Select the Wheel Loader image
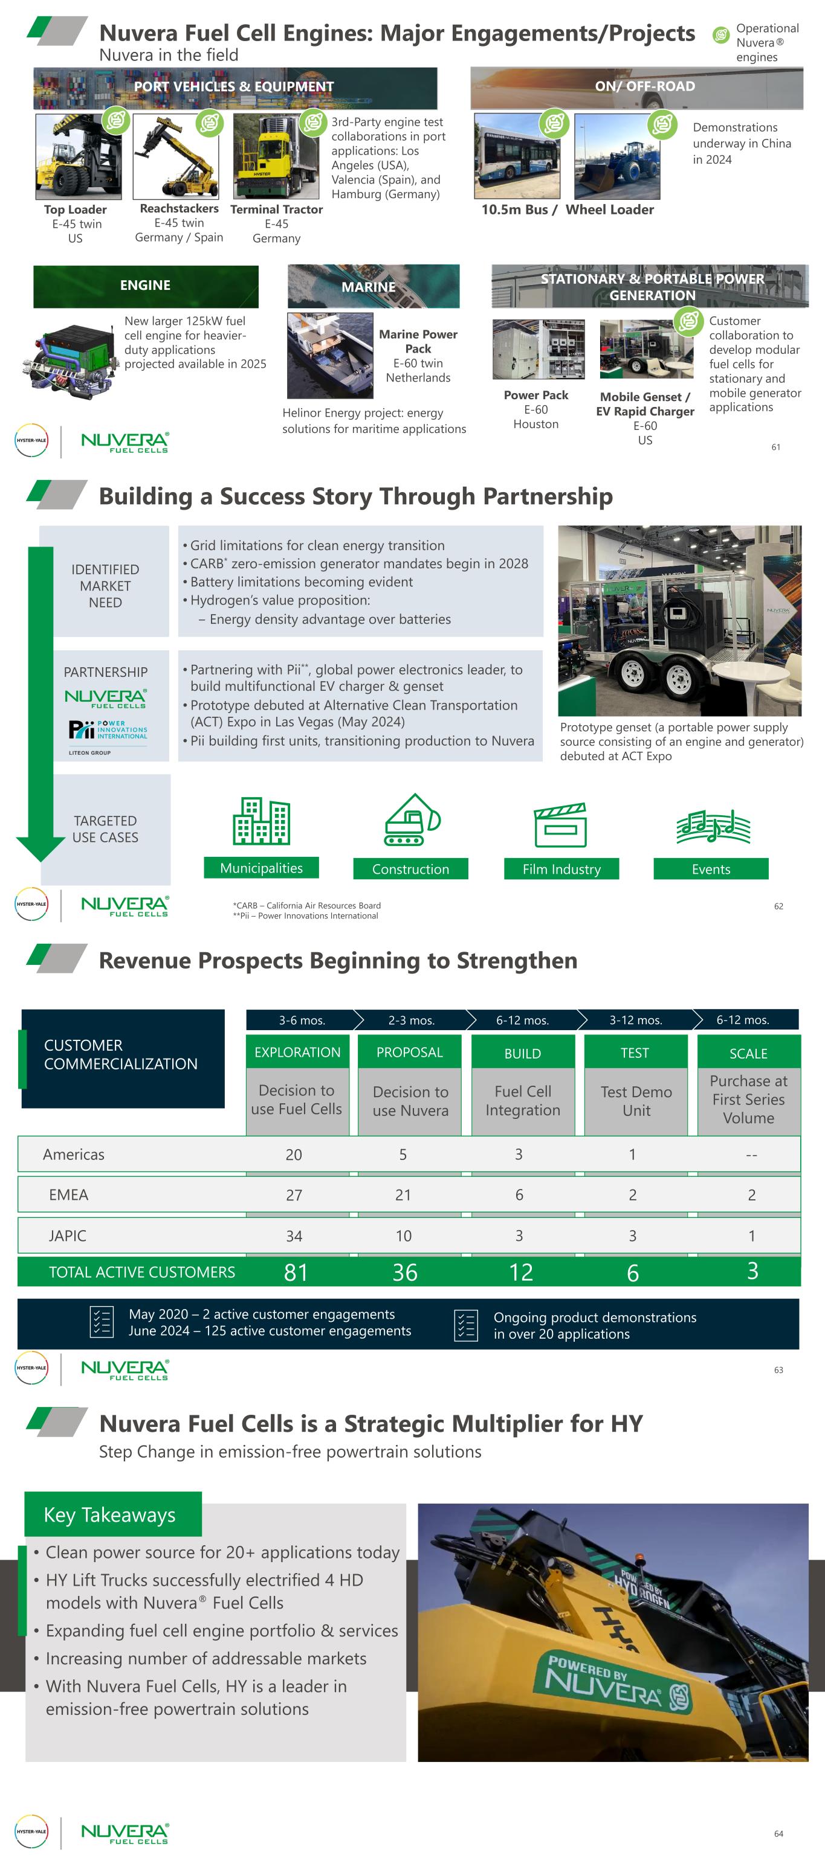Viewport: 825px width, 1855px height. pyautogui.click(x=616, y=157)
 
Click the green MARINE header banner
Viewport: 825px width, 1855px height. pyautogui.click(x=374, y=286)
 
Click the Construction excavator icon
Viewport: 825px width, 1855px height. pyautogui.click(x=412, y=821)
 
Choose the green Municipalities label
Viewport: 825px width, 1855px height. pyautogui.click(x=261, y=868)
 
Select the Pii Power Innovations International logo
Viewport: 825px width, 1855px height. pyautogui.click(x=108, y=729)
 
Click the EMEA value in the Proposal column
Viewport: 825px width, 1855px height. pyautogui.click(x=403, y=1194)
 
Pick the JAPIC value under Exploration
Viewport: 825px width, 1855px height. pyautogui.click(x=294, y=1235)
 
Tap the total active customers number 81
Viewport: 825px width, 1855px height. pyautogui.click(x=296, y=1272)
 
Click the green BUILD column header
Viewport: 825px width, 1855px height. pyautogui.click(x=522, y=1053)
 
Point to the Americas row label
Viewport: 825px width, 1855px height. pyautogui.click(x=74, y=1155)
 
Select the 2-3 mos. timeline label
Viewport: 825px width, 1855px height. pyautogui.click(x=412, y=1020)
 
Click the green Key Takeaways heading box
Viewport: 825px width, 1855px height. pyautogui.click(x=112, y=1514)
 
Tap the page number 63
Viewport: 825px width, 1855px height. pyautogui.click(x=778, y=1370)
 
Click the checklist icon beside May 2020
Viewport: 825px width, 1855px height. pyautogui.click(x=101, y=1322)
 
